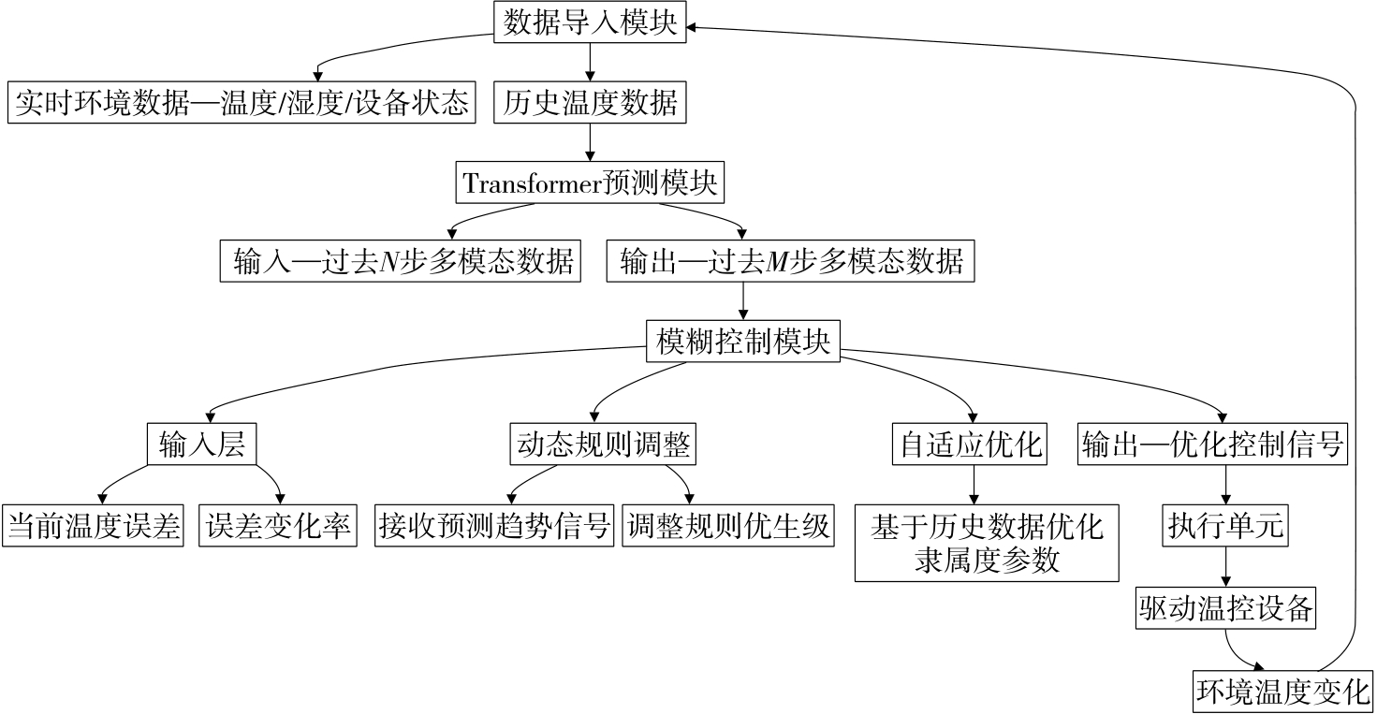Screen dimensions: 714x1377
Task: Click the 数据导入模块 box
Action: [590, 22]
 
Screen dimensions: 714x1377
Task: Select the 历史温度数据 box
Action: [590, 102]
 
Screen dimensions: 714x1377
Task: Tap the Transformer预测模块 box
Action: [590, 182]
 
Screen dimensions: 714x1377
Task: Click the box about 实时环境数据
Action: [242, 102]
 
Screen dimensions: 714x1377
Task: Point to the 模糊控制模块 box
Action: [743, 342]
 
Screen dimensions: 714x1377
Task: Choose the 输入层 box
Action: [202, 444]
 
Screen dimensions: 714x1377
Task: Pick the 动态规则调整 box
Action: [603, 444]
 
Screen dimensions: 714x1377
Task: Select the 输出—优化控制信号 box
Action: [1212, 444]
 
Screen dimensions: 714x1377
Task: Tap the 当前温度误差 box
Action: [94, 527]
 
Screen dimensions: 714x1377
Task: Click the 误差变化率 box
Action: [278, 527]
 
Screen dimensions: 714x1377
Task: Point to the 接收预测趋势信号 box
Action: [496, 527]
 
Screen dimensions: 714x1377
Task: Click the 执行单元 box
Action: [1225, 527]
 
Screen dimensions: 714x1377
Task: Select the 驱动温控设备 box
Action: [1225, 609]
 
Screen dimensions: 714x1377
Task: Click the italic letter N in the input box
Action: [389, 263]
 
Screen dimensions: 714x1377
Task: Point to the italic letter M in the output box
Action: [776, 263]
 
